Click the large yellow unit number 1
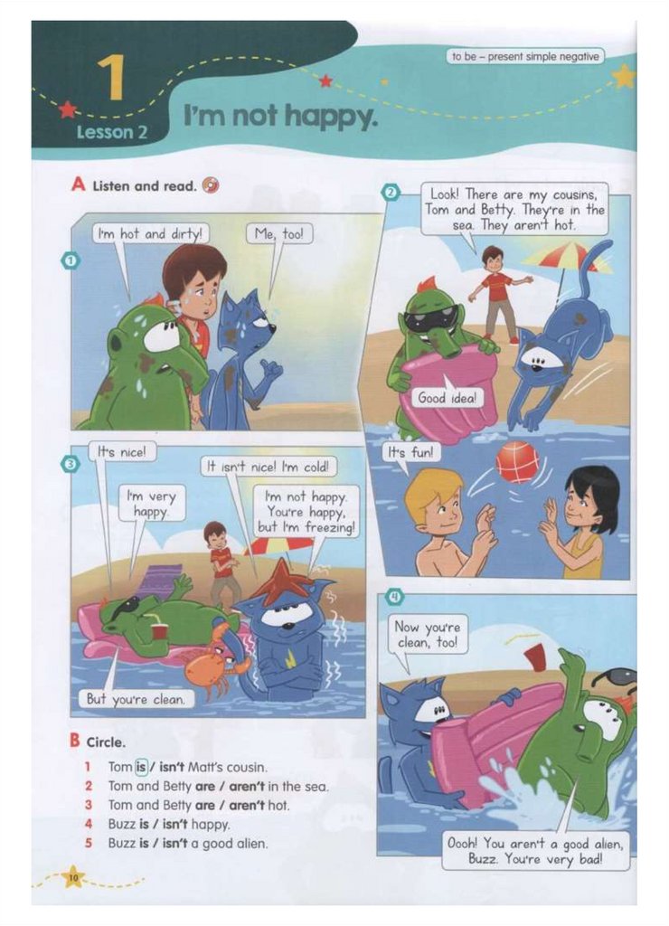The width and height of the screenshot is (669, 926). [x=111, y=78]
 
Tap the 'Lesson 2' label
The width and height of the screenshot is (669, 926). [x=111, y=132]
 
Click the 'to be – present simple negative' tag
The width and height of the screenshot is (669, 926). [x=525, y=57]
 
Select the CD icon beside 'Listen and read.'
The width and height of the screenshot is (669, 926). [x=210, y=185]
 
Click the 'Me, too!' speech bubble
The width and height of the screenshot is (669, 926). [x=279, y=234]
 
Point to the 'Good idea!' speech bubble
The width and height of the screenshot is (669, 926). [x=447, y=398]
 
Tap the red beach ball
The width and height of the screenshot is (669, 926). [x=517, y=462]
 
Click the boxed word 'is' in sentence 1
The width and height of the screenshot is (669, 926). [x=140, y=767]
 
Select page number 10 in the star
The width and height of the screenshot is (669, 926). [x=73, y=878]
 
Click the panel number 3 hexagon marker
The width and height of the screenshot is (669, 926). [x=70, y=465]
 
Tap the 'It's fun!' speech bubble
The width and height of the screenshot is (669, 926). [x=410, y=453]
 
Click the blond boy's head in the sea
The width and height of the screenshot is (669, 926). [x=433, y=503]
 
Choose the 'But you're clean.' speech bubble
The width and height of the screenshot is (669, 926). [x=136, y=699]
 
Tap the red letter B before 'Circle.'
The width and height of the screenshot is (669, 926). [x=74, y=741]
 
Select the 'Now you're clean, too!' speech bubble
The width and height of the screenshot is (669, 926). [x=429, y=634]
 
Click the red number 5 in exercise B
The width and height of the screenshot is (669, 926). [x=88, y=843]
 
